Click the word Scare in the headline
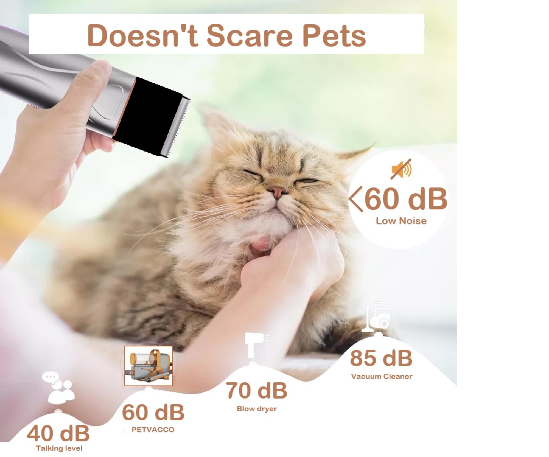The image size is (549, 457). tap(249, 36)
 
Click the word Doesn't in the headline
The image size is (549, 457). tap(142, 35)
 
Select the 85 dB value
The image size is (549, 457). tap(381, 358)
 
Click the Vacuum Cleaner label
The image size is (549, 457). tap(382, 376)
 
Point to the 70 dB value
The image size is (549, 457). tap(256, 391)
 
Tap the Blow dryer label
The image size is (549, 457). tap(257, 409)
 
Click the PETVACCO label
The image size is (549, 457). tap(153, 430)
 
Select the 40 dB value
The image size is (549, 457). tap(58, 433)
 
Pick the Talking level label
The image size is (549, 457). tap(59, 448)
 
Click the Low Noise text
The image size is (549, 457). tap(401, 221)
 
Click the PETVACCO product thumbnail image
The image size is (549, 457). tap(149, 366)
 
